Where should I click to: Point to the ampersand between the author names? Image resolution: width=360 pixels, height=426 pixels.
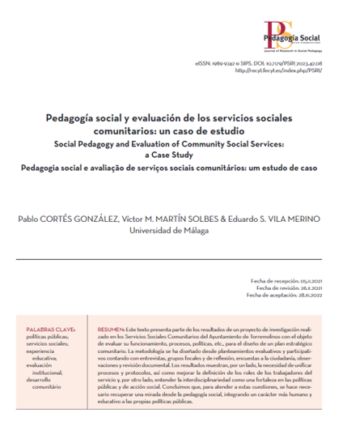pos(221,219)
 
